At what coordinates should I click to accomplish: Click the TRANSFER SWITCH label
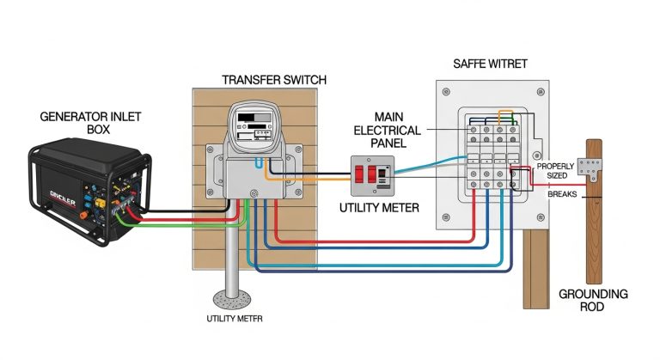point(273,80)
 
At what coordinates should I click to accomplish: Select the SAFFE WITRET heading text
point(490,64)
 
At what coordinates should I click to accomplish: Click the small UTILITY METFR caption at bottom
point(235,319)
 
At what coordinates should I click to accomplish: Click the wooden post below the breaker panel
point(535,271)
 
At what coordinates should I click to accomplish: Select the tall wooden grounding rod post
point(594,232)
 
